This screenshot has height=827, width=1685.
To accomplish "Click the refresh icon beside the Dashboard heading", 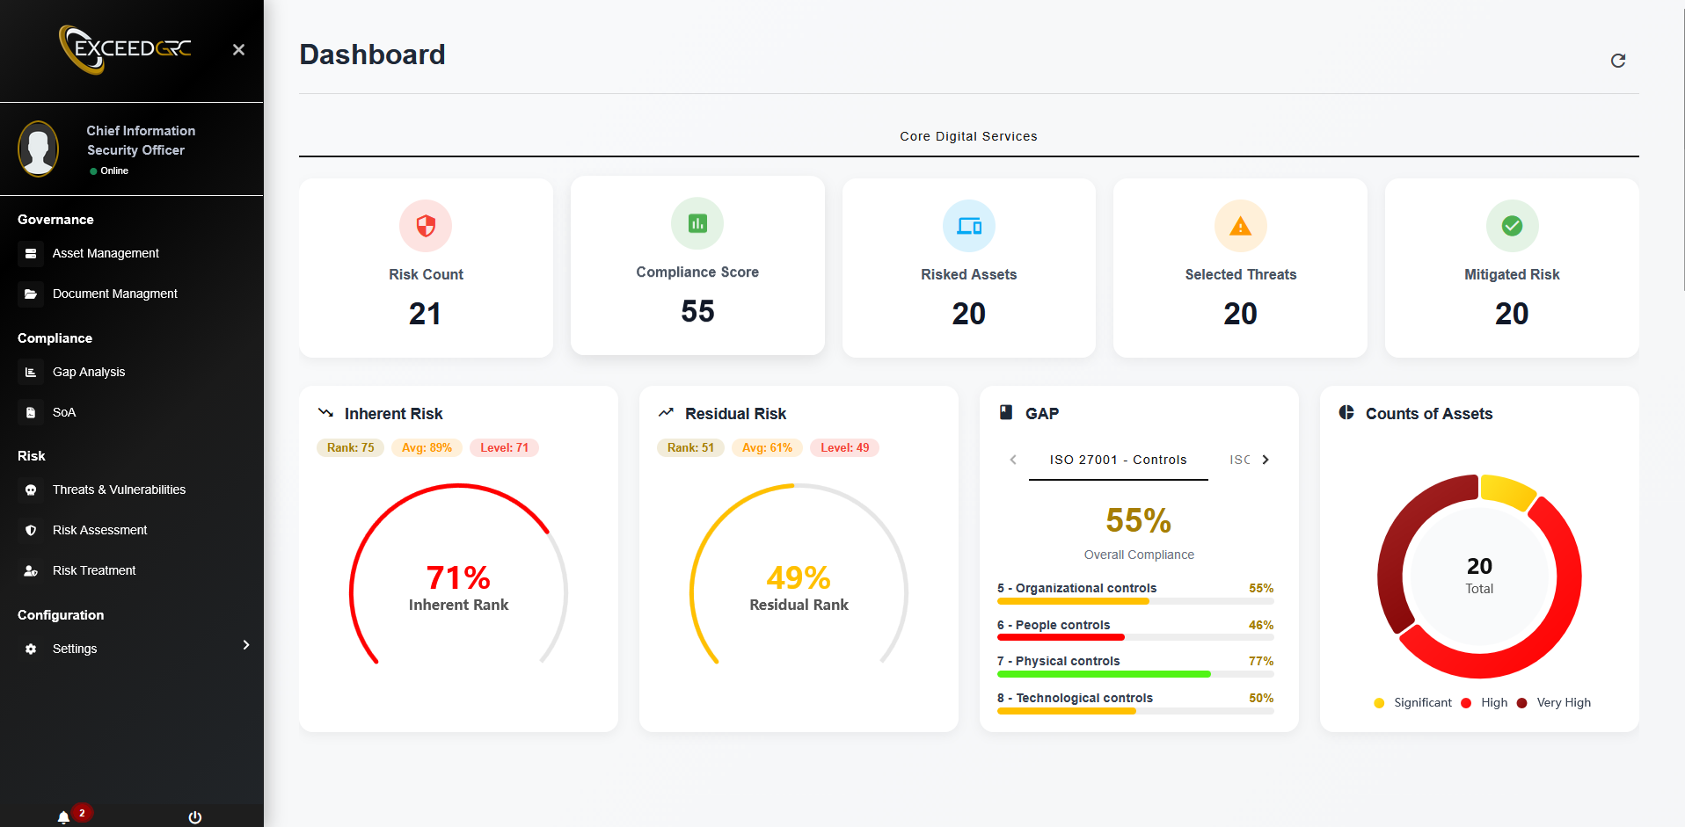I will pyautogui.click(x=1617, y=61).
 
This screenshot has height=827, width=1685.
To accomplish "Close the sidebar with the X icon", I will pyautogui.click(x=238, y=50).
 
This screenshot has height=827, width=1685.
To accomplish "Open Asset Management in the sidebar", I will pyautogui.click(x=106, y=253).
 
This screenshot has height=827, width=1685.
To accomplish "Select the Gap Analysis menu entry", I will pyautogui.click(x=88, y=372).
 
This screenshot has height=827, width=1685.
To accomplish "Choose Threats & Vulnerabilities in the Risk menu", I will pyautogui.click(x=119, y=490).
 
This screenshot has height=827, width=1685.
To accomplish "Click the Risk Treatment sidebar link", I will pyautogui.click(x=94, y=570).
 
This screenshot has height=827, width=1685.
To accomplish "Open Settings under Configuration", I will pyautogui.click(x=75, y=649).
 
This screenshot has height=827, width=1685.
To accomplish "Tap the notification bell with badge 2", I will pyautogui.click(x=64, y=816).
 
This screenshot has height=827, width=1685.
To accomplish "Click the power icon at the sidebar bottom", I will pyautogui.click(x=195, y=816).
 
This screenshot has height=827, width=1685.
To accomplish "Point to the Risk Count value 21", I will pyautogui.click(x=425, y=314).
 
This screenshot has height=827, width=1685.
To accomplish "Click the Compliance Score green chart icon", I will pyautogui.click(x=697, y=223).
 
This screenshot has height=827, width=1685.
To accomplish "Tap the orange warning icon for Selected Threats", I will pyautogui.click(x=1240, y=226).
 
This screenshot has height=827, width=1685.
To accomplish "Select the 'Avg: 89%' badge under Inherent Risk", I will pyautogui.click(x=427, y=447).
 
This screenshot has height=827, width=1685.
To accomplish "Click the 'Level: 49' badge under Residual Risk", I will pyautogui.click(x=844, y=447).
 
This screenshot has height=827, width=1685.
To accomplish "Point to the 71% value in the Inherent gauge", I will pyautogui.click(x=458, y=577).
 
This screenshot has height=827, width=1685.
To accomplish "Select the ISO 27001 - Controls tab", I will pyautogui.click(x=1118, y=460).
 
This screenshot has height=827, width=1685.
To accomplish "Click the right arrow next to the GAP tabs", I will pyautogui.click(x=1266, y=460).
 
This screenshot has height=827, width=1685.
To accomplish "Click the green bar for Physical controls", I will pyautogui.click(x=1104, y=674).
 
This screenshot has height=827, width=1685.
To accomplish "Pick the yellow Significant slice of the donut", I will pyautogui.click(x=1507, y=490).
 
